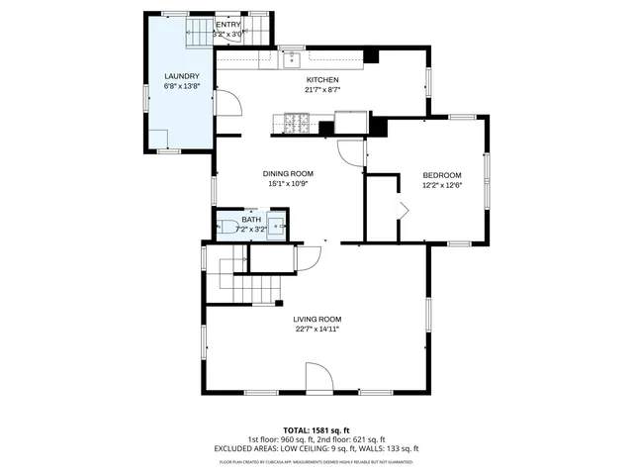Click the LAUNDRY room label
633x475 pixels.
pyautogui.click(x=182, y=76)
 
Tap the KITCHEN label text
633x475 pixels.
pyautogui.click(x=322, y=80)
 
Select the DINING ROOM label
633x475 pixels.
pyautogui.click(x=288, y=173)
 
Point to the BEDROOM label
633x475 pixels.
pyautogui.click(x=442, y=175)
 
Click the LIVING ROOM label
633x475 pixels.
pyautogui.click(x=317, y=319)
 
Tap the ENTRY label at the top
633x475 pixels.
pyautogui.click(x=228, y=25)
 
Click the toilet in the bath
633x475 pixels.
pyautogui.click(x=226, y=227)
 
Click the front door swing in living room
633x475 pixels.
pyautogui.click(x=318, y=379)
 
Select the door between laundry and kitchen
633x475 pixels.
pyautogui.click(x=227, y=104)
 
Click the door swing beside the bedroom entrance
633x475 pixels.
pyautogui.click(x=350, y=151)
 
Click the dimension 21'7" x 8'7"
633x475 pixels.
pyautogui.click(x=322, y=90)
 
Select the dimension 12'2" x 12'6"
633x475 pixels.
pyautogui.click(x=442, y=185)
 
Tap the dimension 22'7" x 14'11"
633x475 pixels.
pyautogui.click(x=317, y=329)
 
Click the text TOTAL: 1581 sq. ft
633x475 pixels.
pyautogui.click(x=316, y=430)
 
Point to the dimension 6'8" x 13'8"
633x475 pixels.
pyautogui.click(x=182, y=86)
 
